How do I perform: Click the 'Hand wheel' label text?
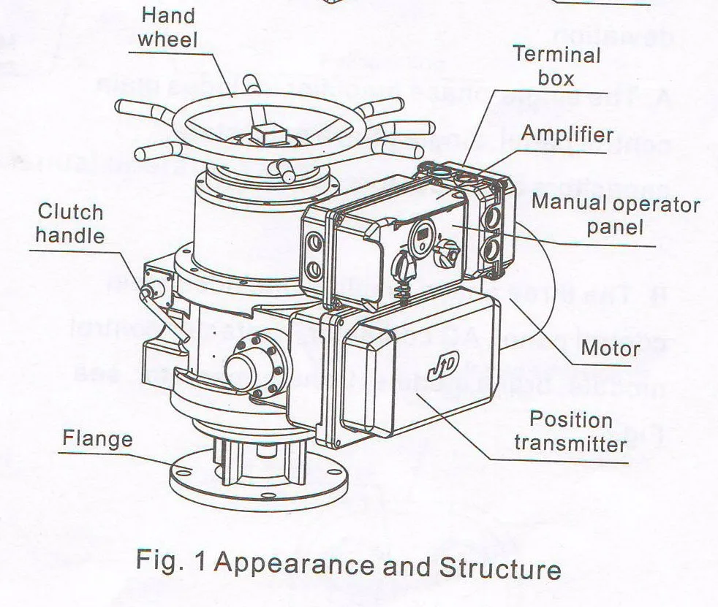tap(168, 26)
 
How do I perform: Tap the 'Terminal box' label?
tap(556, 65)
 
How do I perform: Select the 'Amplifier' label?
tap(567, 134)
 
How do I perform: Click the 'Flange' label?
tap(97, 438)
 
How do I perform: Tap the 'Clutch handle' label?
tap(70, 224)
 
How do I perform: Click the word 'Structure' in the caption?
tap(499, 568)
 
